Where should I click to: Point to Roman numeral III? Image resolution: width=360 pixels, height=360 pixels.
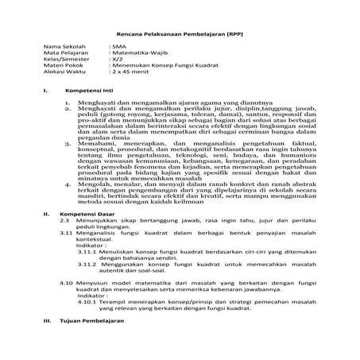pyautogui.click(x=46, y=342)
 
